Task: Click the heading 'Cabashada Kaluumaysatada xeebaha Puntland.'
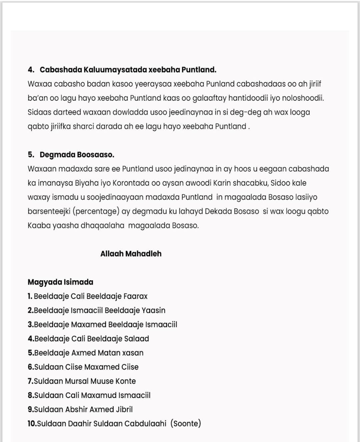click(128, 70)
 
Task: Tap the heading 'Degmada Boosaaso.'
click(77, 155)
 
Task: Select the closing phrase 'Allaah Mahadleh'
click(131, 254)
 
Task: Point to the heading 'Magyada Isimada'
click(60, 282)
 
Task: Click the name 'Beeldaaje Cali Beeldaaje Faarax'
click(90, 296)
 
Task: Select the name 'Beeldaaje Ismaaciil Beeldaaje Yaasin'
click(99, 310)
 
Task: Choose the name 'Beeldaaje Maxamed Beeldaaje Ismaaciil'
click(105, 324)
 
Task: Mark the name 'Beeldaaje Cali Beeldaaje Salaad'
click(91, 339)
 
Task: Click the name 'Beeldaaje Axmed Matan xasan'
click(89, 353)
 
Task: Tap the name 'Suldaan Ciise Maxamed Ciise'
click(86, 367)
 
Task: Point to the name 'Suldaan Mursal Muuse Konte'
click(85, 381)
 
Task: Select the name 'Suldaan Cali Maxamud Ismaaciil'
click(92, 395)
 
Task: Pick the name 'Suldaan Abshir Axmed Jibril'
click(83, 409)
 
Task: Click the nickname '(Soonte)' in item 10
click(186, 423)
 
